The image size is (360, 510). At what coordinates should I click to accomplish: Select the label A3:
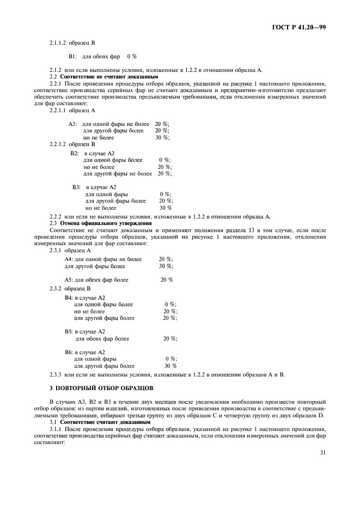pos(72,124)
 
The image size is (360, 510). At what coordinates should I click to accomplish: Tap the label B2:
pos(75,153)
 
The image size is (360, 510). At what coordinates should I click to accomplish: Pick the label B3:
pos(77,187)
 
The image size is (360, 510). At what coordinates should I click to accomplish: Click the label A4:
pos(69,259)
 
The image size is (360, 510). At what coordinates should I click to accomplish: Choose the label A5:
pos(69,280)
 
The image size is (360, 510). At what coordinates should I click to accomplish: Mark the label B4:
pos(69,297)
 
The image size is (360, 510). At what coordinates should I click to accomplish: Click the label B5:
pos(69,331)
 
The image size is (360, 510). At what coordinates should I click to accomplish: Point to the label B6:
pos(69,352)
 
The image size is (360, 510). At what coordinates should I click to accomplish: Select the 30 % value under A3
pos(162,137)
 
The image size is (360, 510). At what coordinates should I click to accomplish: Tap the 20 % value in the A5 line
pos(167,280)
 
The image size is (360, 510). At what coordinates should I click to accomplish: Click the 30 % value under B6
pos(170,366)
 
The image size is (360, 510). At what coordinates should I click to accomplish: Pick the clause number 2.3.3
pos(56,374)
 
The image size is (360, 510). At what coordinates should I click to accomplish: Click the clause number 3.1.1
pos(56,429)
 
